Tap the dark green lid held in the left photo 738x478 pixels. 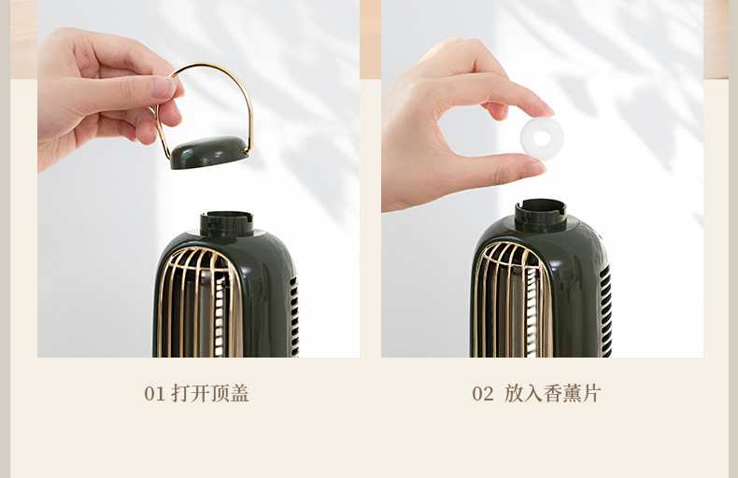pyautogui.click(x=209, y=152)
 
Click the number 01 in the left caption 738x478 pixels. pyautogui.click(x=154, y=394)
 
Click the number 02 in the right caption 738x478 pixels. pyautogui.click(x=482, y=394)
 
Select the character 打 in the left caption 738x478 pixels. pyautogui.click(x=181, y=394)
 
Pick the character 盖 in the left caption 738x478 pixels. pyautogui.click(x=240, y=394)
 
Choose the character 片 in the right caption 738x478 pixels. pyautogui.click(x=591, y=394)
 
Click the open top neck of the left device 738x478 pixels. pyautogui.click(x=226, y=223)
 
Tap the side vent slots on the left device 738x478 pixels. pyautogui.click(x=293, y=313)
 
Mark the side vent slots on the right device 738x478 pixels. pyautogui.click(x=605, y=308)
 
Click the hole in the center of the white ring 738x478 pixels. pyautogui.click(x=542, y=138)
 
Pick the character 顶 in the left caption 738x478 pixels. pyautogui.click(x=220, y=394)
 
